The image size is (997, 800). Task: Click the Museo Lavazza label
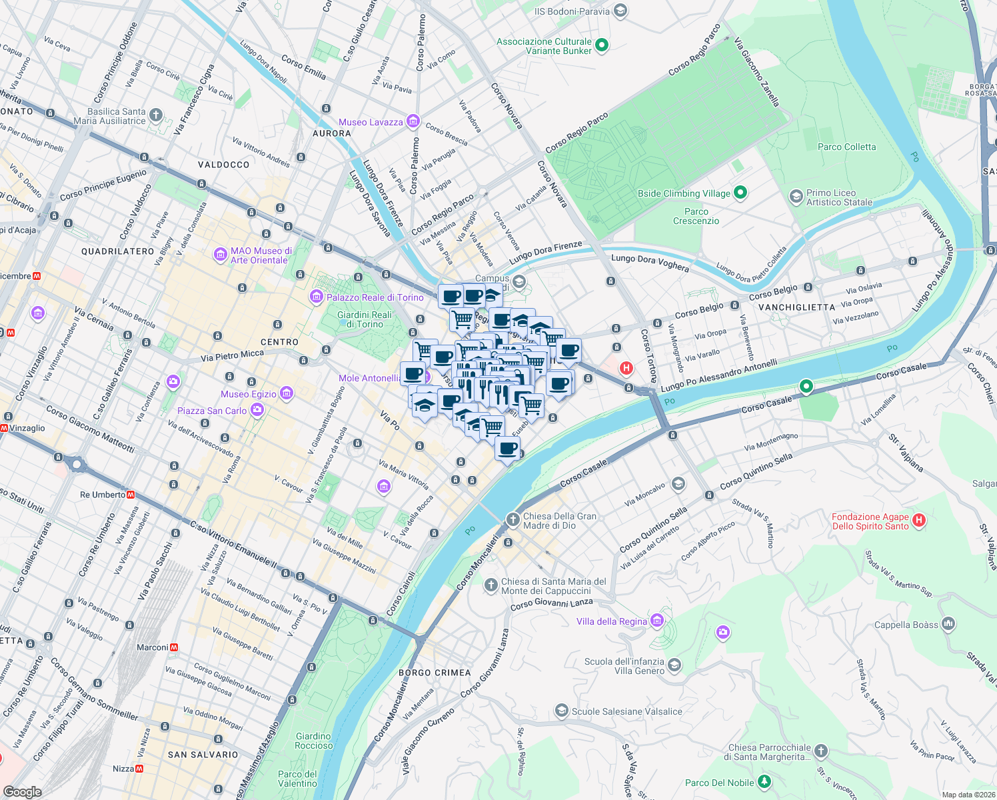coord(371,122)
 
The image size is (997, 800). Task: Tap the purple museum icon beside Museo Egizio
coord(287,393)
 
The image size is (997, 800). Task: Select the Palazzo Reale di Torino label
coord(375,297)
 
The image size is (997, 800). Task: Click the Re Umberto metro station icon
coord(131,495)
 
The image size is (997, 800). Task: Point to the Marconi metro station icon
coord(174,647)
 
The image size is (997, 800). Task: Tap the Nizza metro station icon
coord(139,769)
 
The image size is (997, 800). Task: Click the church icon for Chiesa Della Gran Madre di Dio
coord(512,519)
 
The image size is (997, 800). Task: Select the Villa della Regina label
coord(611,621)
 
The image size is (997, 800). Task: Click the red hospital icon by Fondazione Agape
coord(919,520)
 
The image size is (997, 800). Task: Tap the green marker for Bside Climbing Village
coord(740,193)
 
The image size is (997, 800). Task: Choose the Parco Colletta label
coord(846,147)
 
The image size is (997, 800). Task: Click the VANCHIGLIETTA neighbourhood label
coord(796,307)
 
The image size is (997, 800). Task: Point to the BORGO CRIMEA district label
coord(435,673)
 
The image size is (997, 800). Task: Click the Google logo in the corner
coord(22,791)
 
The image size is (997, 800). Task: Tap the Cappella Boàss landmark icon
coord(948,624)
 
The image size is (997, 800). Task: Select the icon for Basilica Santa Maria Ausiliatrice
coord(155,115)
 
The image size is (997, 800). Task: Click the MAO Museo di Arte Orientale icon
coord(220,255)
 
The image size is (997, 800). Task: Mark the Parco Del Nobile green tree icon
coord(764,781)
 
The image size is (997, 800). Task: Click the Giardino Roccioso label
coord(313,741)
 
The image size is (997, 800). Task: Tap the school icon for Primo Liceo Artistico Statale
coord(796,197)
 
